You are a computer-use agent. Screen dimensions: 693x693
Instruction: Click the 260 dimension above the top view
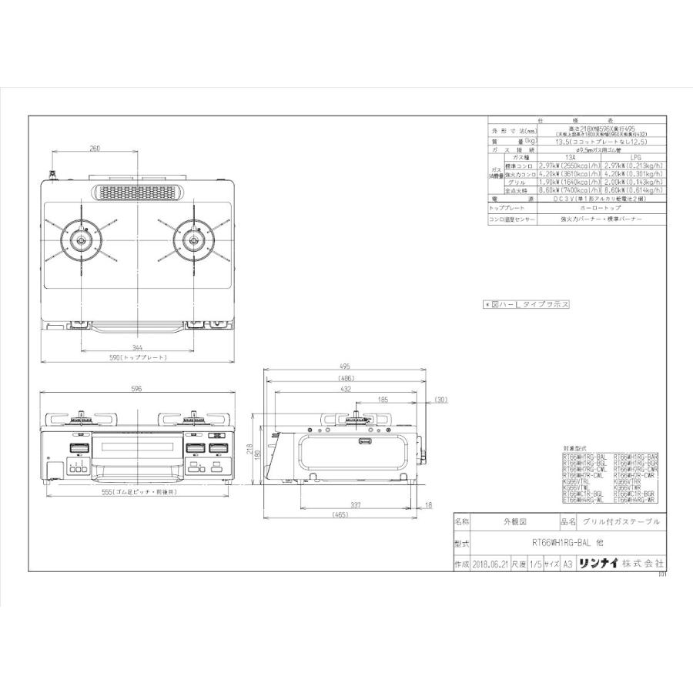click(x=95, y=148)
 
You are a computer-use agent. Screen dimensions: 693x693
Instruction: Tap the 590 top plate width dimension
click(x=137, y=359)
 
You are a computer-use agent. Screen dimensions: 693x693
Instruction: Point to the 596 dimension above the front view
click(x=137, y=390)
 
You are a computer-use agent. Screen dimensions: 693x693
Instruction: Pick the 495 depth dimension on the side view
click(x=344, y=367)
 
